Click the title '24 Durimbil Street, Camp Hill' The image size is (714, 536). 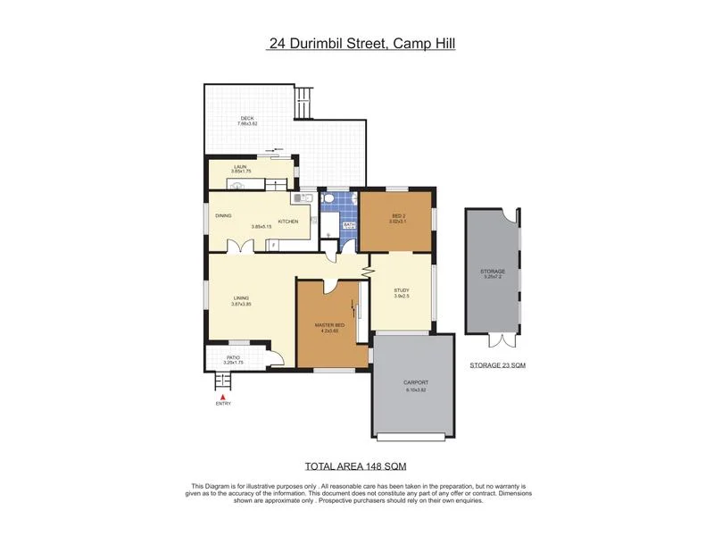coord(361,42)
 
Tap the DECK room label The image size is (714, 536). coord(247,118)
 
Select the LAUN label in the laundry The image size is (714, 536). coord(240,166)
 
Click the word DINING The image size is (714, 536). coord(223,215)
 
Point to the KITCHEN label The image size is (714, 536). coord(287,221)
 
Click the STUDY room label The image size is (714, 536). coord(402,290)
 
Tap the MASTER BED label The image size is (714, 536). coord(328,325)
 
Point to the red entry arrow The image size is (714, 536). coord(222,396)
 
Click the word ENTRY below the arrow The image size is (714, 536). coord(222,404)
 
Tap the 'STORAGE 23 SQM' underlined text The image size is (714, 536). coord(497,366)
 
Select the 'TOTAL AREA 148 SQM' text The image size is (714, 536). coord(357,465)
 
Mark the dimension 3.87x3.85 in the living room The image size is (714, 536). coord(241,305)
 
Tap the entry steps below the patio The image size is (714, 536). coord(223,381)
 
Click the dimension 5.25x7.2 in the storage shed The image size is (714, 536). coord(494,277)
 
